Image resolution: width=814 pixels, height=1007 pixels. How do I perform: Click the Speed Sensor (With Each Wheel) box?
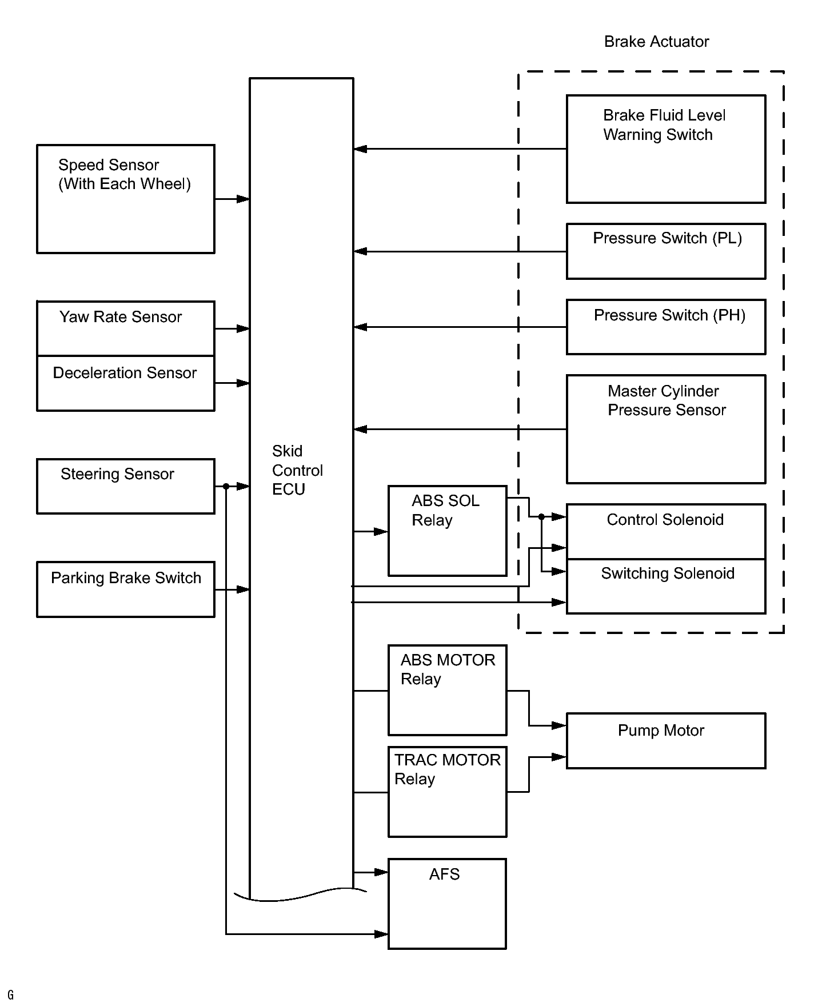coord(126,199)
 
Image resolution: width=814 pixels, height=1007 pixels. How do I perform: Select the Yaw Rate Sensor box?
coord(126,328)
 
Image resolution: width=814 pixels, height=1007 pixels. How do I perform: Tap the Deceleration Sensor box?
coord(126,383)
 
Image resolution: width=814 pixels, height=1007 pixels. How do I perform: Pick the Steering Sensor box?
coord(126,486)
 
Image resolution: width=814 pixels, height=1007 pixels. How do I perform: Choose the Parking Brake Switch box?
coord(126,589)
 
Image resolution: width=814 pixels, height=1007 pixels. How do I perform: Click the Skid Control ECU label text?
coord(297,470)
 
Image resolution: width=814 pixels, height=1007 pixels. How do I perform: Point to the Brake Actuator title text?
coord(656,42)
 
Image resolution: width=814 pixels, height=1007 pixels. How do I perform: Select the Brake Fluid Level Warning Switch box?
coord(666,149)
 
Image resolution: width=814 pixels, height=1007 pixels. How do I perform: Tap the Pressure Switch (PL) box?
coord(666,251)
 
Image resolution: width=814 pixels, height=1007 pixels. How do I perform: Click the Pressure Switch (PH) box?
coord(666,327)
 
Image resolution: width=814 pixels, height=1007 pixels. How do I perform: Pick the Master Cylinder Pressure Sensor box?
coord(666,429)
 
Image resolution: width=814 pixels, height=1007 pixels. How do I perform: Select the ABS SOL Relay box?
coord(448,531)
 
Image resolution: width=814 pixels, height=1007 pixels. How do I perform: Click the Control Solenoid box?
coord(666,532)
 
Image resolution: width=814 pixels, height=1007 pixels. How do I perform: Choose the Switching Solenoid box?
coord(666,586)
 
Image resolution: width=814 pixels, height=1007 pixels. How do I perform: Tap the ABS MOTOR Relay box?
coord(448,690)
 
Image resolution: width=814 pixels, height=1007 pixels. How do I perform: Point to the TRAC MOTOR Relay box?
coord(448,792)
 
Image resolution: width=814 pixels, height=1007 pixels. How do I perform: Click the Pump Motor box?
coord(666,741)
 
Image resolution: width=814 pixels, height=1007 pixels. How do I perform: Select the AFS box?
coord(447,904)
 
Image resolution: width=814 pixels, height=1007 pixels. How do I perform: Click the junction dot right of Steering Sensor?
coord(226,486)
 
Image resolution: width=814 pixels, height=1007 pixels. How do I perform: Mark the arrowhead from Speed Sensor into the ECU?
coord(243,199)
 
